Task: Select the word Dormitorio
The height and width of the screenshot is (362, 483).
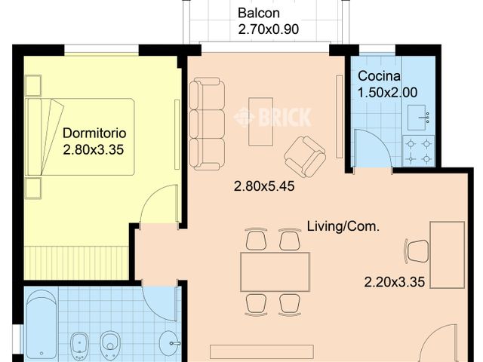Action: (x=94, y=133)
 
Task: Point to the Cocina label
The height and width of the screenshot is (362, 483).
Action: (x=379, y=76)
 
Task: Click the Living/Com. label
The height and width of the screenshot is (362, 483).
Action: (x=343, y=225)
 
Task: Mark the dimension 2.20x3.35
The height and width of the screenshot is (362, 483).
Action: (x=395, y=283)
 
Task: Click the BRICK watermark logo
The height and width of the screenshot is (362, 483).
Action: (x=272, y=117)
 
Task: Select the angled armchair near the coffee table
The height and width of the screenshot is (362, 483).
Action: (x=305, y=155)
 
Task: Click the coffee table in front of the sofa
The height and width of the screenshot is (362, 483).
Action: (x=260, y=121)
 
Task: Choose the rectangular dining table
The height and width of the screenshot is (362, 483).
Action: (x=274, y=271)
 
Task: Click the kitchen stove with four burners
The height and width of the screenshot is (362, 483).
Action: (x=418, y=150)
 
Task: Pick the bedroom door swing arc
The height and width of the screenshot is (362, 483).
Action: (x=159, y=205)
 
